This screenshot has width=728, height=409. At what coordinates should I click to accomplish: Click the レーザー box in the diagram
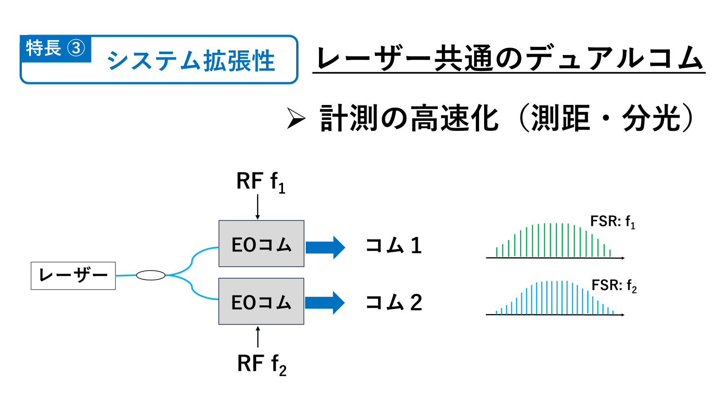(73, 275)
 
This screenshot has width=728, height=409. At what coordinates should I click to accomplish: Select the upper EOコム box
(261, 244)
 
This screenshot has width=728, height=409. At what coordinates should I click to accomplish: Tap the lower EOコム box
(261, 301)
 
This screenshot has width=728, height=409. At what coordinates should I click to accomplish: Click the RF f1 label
(261, 182)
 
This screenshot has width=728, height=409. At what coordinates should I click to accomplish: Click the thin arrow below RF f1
(258, 207)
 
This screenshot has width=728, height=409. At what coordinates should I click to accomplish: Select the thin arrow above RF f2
(258, 337)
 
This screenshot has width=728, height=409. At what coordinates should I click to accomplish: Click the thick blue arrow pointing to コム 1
(325, 248)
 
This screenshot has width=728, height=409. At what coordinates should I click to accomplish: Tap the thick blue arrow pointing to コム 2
(325, 303)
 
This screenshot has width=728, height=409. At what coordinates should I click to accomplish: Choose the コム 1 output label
(394, 245)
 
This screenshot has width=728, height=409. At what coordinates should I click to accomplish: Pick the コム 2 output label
(394, 303)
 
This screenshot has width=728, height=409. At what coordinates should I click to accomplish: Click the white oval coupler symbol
(151, 275)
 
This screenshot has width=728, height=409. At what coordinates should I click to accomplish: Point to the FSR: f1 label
(612, 222)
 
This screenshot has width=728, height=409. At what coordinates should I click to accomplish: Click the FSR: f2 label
(614, 286)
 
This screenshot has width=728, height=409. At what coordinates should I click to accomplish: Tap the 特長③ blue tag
(56, 49)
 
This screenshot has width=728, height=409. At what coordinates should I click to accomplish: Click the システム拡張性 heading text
(191, 61)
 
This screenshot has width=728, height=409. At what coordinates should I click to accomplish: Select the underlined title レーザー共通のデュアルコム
(509, 59)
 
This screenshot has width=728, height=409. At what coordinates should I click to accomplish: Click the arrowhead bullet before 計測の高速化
(296, 119)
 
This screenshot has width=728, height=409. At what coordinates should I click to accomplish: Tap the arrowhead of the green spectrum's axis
(623, 258)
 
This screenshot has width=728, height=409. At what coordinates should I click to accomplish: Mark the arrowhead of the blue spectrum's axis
(623, 315)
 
